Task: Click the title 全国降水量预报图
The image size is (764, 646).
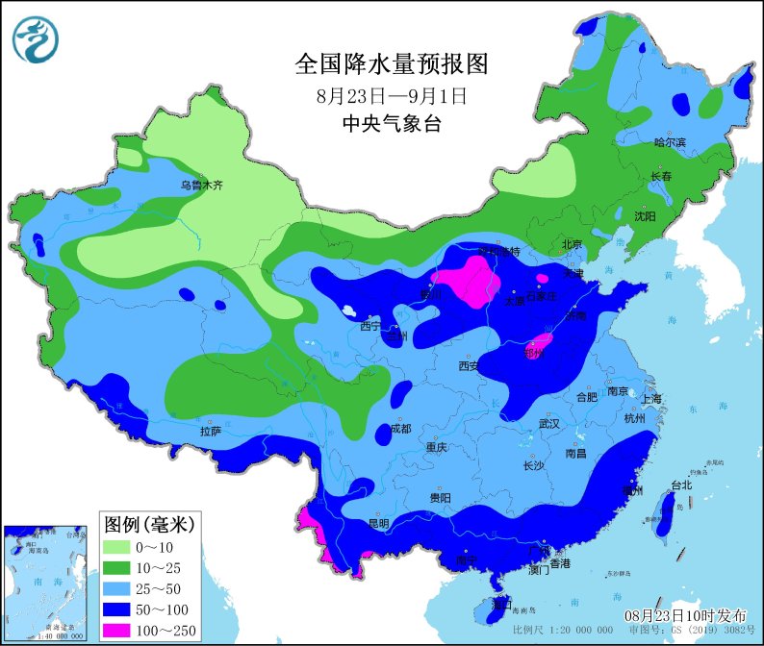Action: pos(392,64)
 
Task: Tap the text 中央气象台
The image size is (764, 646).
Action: pos(391,123)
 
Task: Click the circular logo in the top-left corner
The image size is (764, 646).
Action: pos(36,39)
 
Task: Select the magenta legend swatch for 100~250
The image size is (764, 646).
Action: pos(121,630)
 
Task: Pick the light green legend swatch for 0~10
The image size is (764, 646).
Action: pos(121,546)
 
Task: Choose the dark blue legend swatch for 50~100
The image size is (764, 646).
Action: pos(121,609)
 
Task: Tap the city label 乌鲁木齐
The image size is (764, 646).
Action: pos(201,186)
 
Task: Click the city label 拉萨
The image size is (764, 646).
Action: pos(211,432)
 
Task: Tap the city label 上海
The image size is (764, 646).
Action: pos(651,399)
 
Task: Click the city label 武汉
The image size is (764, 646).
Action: pos(550,423)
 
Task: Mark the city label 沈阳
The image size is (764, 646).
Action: pos(644,217)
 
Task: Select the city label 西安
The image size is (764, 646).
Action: pos(469,365)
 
